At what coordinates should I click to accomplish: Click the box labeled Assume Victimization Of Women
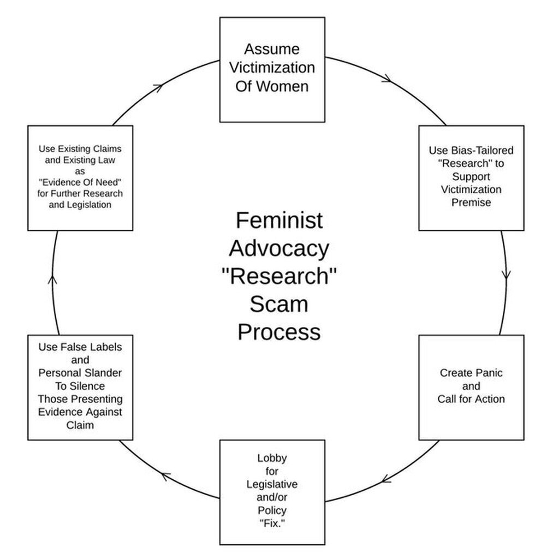272,69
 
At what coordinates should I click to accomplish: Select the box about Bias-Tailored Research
471,178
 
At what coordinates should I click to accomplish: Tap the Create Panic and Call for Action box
471,387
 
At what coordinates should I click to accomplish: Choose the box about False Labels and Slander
80,387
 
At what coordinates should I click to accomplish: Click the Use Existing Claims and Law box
80,178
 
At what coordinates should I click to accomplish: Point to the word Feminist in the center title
279,221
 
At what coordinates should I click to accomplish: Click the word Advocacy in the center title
279,248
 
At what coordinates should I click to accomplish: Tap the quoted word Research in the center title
279,276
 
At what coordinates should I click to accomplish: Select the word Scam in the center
279,304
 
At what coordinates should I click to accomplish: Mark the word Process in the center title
279,332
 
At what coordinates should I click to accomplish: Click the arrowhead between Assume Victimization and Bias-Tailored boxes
386,79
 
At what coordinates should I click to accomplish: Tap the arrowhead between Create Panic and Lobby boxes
386,479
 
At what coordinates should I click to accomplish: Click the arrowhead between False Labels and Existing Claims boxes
53,279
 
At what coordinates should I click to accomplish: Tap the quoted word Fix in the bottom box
272,524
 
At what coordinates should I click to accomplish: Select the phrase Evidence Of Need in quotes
80,182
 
